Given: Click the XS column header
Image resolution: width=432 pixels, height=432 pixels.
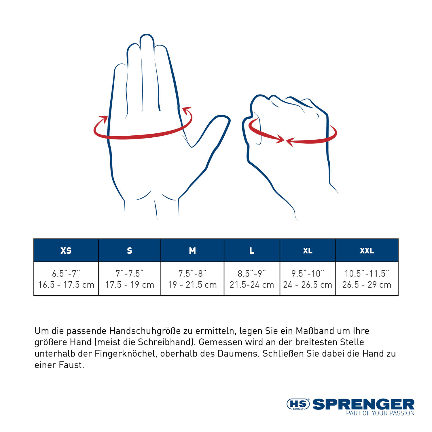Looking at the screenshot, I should pos(66,251).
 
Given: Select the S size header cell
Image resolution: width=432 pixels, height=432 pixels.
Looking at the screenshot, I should pos(130,251).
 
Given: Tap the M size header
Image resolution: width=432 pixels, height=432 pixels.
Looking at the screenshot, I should pos(192,251).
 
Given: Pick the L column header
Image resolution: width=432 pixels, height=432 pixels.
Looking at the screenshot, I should pos(252,251).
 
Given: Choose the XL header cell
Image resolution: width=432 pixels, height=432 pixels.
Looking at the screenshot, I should pos(308,251).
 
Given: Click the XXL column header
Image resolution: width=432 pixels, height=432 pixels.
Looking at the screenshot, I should pos(367,251).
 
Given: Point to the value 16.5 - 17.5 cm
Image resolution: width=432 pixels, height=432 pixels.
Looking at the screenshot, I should pos(66,285).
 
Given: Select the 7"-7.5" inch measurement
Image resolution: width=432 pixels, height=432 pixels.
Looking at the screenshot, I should pos(130,273).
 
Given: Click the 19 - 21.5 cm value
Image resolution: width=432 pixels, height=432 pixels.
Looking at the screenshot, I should pos(192,285).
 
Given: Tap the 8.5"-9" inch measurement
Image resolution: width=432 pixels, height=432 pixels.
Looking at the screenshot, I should pos(252,273).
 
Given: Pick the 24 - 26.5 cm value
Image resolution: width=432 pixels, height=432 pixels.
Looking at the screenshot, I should pos(308,285).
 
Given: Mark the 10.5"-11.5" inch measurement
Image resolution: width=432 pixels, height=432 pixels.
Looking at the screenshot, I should pos(367,273).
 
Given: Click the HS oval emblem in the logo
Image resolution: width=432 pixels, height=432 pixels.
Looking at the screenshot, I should pos(298,404).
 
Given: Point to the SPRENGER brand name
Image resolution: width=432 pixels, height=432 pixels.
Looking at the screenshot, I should pos(363,404).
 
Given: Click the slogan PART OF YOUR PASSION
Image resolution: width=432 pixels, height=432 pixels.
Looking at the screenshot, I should pos(380,413).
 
